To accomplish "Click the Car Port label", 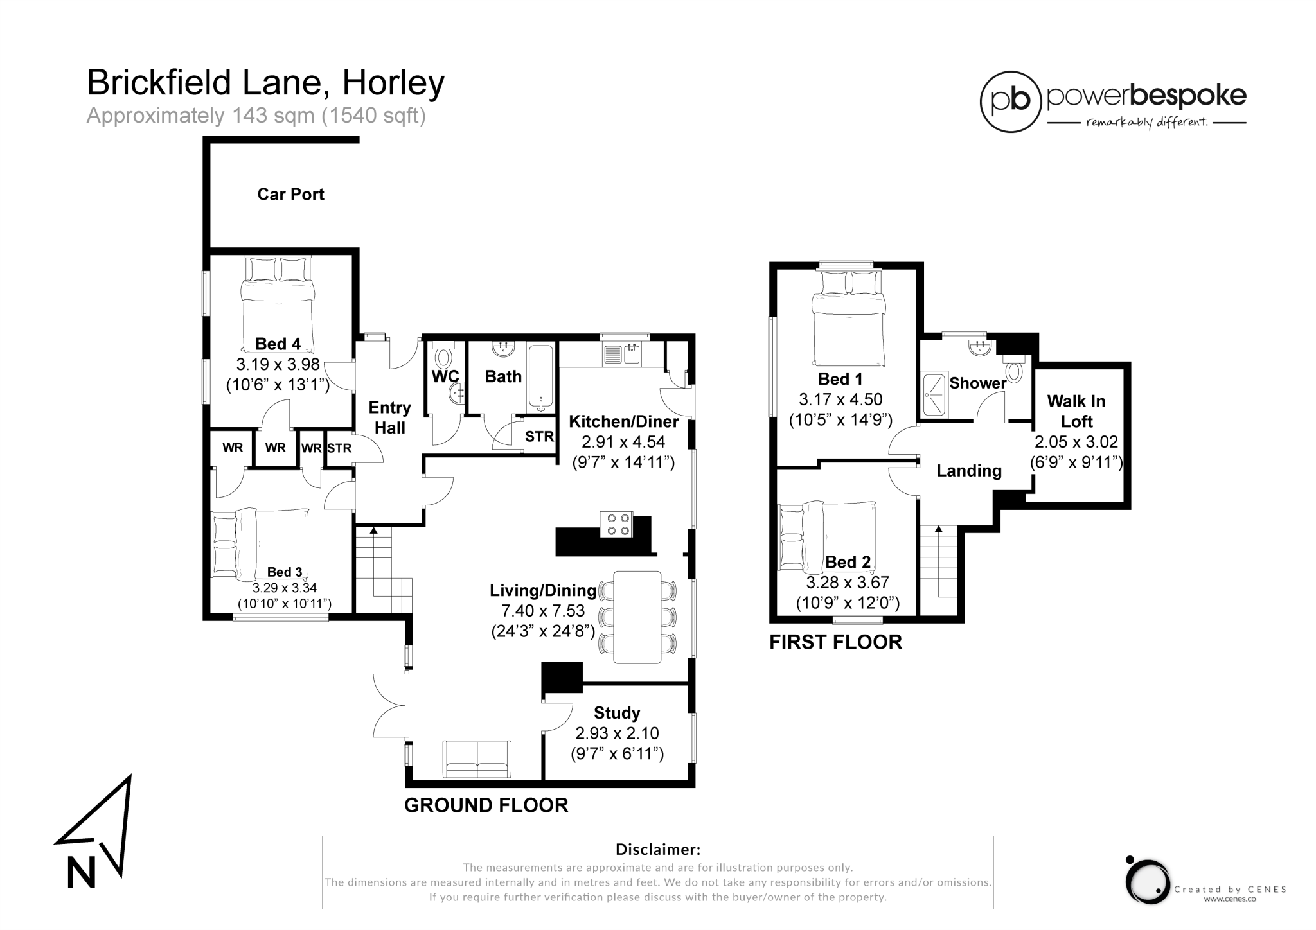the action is click(x=290, y=194).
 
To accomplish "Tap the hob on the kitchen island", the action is click(x=616, y=523).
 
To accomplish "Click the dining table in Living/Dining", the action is click(x=637, y=617).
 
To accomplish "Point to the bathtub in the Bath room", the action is click(x=540, y=378).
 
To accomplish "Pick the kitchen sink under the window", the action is click(x=623, y=353).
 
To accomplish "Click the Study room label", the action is click(x=617, y=713).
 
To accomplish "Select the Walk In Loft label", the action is click(x=1076, y=411).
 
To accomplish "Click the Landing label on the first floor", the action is click(x=969, y=471).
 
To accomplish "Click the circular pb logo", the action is click(x=1010, y=101).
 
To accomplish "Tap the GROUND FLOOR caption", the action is click(x=486, y=805).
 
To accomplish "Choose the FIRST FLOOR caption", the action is click(x=835, y=642).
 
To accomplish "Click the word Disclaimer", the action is click(x=657, y=850).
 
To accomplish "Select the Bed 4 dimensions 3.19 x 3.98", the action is click(x=278, y=365).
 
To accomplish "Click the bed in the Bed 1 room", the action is click(x=848, y=318).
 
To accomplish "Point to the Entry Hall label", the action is click(x=389, y=417).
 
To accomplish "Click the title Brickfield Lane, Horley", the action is click(x=265, y=83).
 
